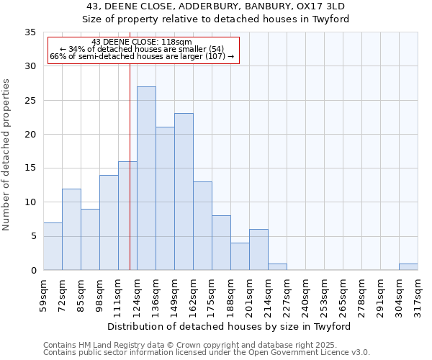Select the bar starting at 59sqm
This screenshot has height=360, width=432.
pyautogui.click(x=53, y=246)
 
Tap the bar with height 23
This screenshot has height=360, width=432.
pyautogui.click(x=184, y=192)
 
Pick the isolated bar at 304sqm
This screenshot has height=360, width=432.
pyautogui.click(x=408, y=266)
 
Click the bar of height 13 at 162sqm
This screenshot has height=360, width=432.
pyautogui.click(x=202, y=225)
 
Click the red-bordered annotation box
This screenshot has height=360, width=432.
pyautogui.click(x=143, y=50)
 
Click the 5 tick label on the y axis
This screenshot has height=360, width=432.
pyautogui.click(x=33, y=236)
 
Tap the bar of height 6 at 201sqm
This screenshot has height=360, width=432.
pyautogui.click(x=258, y=249)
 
